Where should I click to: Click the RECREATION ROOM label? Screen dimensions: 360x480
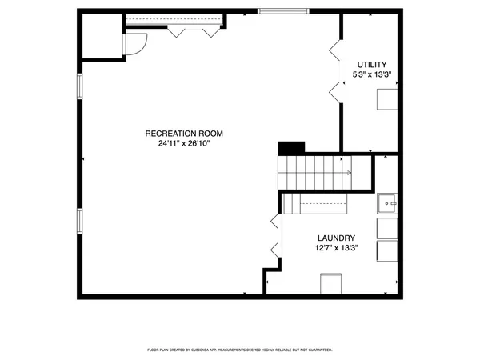coord(184,134)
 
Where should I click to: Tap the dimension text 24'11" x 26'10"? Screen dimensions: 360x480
coord(184,144)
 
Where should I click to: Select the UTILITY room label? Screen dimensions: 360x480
coord(372,65)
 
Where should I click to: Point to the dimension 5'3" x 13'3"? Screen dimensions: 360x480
coord(372,75)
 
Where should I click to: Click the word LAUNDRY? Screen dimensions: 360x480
coord(336,238)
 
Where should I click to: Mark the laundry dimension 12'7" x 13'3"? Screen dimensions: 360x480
coord(336,248)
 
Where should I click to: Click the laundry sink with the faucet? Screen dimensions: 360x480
coord(386,203)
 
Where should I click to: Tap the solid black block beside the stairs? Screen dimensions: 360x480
coord(291,148)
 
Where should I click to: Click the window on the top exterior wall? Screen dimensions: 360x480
coord(282,10)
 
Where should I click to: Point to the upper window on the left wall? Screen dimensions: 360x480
coord(78,87)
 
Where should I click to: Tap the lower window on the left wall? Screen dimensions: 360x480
coord(78,219)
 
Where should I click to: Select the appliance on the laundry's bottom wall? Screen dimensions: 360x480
coord(330,284)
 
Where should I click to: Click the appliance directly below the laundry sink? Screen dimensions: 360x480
coord(386,228)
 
